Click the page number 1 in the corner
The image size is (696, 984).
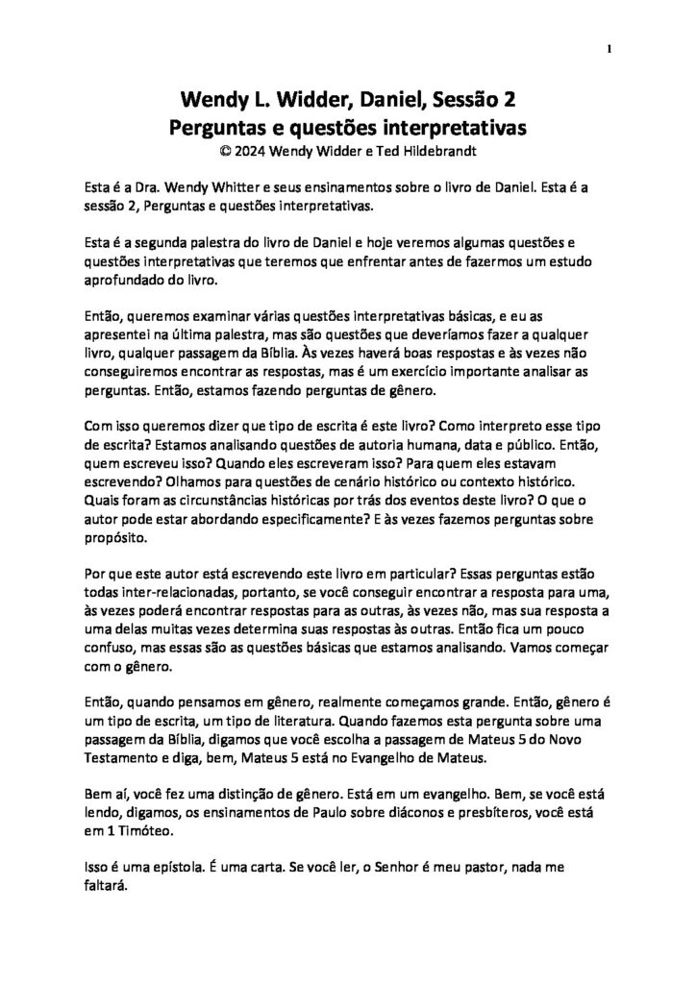pos(609,50)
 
